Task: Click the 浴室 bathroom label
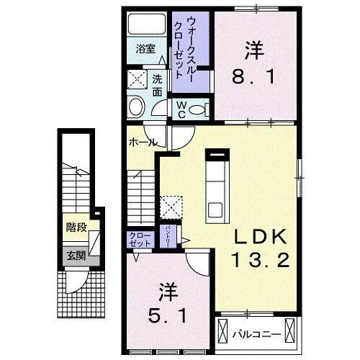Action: click(145, 49)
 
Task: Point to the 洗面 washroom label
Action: click(158, 85)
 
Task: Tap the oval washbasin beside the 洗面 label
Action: click(135, 108)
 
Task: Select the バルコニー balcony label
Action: click(251, 333)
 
